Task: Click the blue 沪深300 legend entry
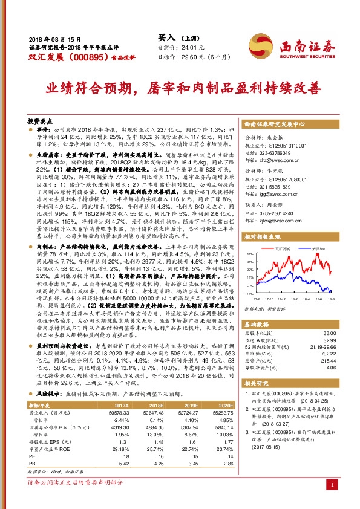tap(315, 249)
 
